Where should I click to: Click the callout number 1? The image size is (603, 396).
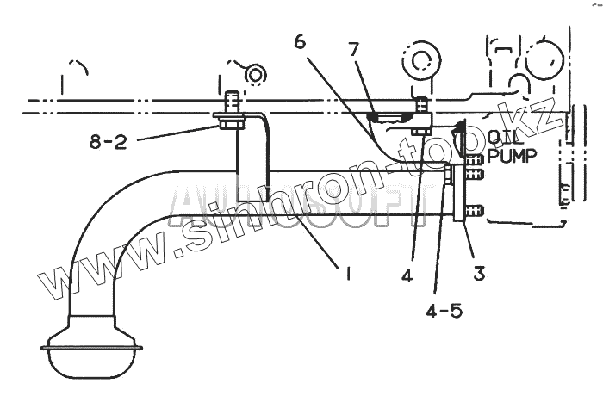point(347,275)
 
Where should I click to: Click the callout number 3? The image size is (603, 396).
point(479,274)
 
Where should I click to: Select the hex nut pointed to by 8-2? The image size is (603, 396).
point(230,124)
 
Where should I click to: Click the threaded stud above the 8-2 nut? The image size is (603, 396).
point(230,102)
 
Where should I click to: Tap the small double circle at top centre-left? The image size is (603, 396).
point(255,75)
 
